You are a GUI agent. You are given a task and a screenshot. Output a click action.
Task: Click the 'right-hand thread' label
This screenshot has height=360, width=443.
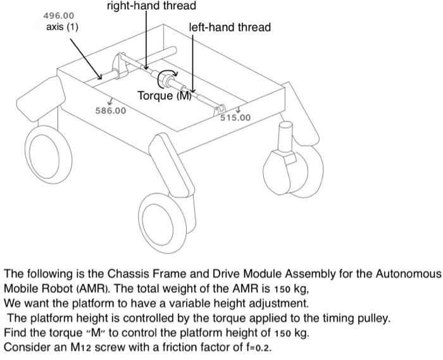(x=151, y=6)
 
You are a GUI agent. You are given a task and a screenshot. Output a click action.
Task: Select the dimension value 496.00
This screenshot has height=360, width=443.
(x=58, y=15)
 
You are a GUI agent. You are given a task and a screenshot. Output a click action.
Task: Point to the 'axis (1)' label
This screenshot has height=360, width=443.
(x=63, y=27)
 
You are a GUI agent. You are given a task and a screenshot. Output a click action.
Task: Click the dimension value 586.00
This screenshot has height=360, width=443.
(x=110, y=111)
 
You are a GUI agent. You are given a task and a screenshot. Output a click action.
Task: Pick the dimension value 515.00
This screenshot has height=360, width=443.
(x=235, y=118)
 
